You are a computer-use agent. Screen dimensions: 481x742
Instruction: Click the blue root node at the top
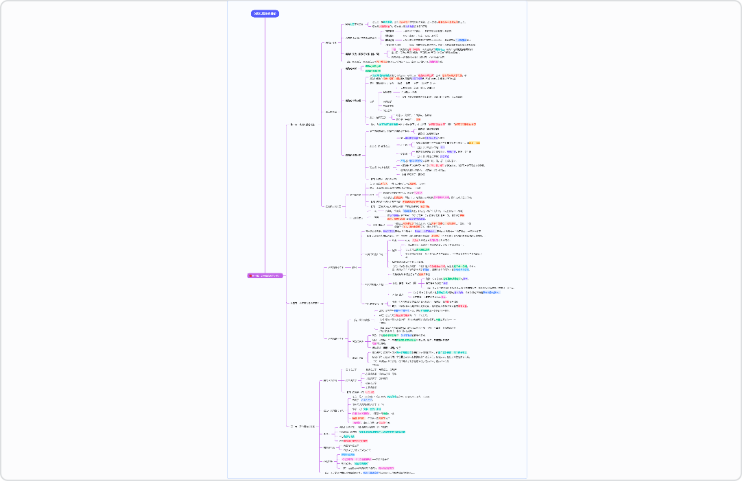[x=265, y=14]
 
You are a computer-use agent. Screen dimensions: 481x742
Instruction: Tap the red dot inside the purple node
[x=251, y=275]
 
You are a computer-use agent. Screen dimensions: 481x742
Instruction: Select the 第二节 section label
[x=303, y=303]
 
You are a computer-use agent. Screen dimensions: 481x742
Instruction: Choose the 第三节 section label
[x=302, y=426]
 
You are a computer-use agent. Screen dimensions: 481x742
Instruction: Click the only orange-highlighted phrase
[x=483, y=143]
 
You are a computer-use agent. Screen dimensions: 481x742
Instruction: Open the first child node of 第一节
[x=332, y=42]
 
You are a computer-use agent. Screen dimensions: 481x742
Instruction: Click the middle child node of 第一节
[x=332, y=112]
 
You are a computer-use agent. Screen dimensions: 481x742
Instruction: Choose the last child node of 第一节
[x=332, y=206]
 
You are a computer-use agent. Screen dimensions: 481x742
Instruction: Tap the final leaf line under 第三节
[x=370, y=473]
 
